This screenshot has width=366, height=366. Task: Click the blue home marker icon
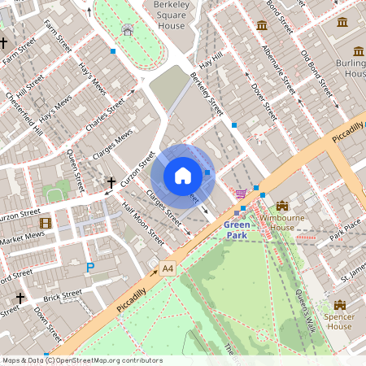183,176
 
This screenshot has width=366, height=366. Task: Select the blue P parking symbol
90,266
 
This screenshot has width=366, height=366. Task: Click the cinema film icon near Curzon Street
46,223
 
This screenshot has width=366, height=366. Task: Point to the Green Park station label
236,230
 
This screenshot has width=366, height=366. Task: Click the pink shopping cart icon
240,194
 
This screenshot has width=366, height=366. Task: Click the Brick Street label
62,296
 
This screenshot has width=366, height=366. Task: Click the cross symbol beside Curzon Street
111,184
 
